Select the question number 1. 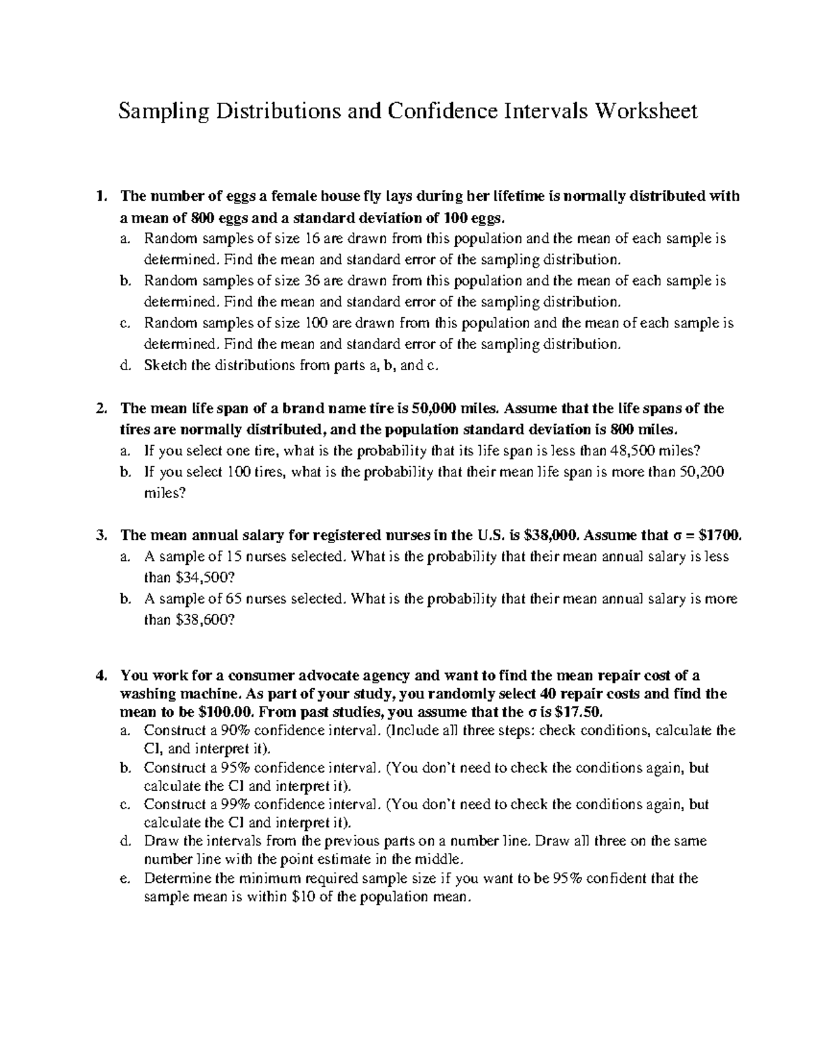(x=101, y=197)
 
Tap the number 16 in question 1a (x=319, y=240)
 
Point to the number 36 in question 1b (x=319, y=281)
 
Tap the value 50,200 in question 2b (x=702, y=472)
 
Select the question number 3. (x=101, y=536)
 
